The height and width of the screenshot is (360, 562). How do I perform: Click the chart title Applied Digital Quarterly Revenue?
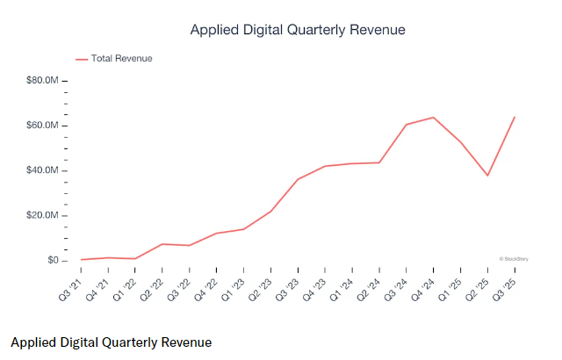click(298, 30)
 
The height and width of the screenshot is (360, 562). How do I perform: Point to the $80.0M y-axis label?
click(42, 81)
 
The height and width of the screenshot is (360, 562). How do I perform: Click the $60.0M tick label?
click(42, 126)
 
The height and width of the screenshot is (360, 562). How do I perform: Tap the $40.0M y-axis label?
click(42, 170)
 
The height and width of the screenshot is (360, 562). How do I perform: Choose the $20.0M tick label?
click(42, 216)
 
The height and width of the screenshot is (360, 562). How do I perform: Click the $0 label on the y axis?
click(53, 261)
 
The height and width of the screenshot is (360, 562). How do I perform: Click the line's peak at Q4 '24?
click(434, 117)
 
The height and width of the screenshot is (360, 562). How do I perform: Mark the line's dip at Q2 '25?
click(487, 176)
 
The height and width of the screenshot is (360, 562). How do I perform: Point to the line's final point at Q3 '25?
click(515, 117)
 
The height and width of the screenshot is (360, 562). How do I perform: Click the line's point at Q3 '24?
click(407, 125)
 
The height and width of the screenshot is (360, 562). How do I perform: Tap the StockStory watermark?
click(513, 259)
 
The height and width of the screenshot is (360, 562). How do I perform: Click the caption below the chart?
click(112, 341)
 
